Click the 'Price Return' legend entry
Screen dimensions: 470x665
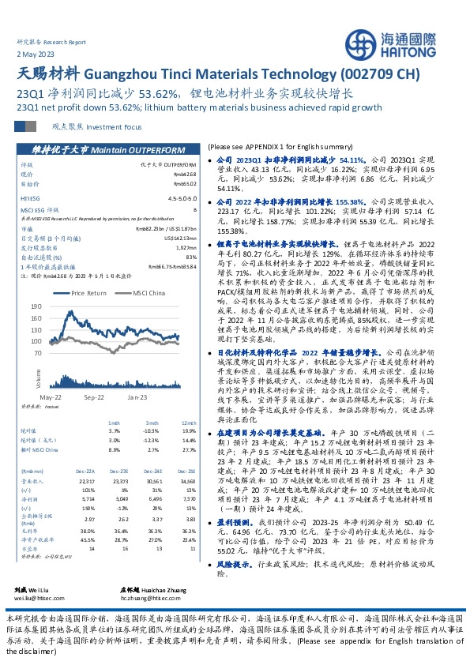click(x=88, y=293)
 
